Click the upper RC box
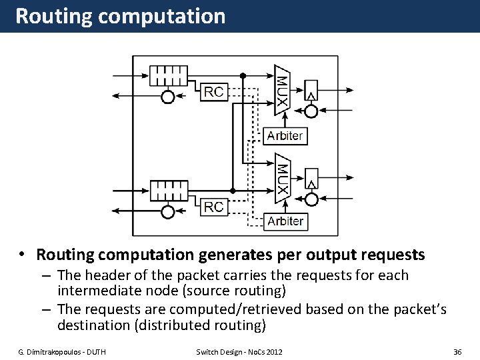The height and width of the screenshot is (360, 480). (214, 92)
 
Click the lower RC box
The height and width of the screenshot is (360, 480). (214, 207)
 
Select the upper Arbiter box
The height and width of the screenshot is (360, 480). (285, 136)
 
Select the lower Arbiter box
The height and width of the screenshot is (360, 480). (285, 221)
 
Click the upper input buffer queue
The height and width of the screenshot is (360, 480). (169, 76)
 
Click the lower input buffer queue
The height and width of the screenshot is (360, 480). (169, 191)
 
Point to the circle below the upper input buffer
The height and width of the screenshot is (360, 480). (168, 97)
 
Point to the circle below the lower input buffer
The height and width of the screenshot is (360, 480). (168, 212)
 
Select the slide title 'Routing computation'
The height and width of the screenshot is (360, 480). (121, 16)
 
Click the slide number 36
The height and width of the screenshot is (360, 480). (457, 351)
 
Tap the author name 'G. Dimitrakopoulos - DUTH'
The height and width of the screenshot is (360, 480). (61, 351)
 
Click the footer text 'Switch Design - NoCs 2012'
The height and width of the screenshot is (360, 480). (239, 351)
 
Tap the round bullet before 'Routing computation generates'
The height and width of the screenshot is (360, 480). (23, 254)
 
